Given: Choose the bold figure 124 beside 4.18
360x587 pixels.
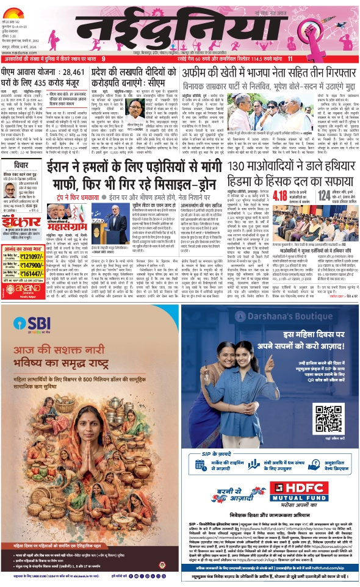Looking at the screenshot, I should (x=323, y=195).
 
